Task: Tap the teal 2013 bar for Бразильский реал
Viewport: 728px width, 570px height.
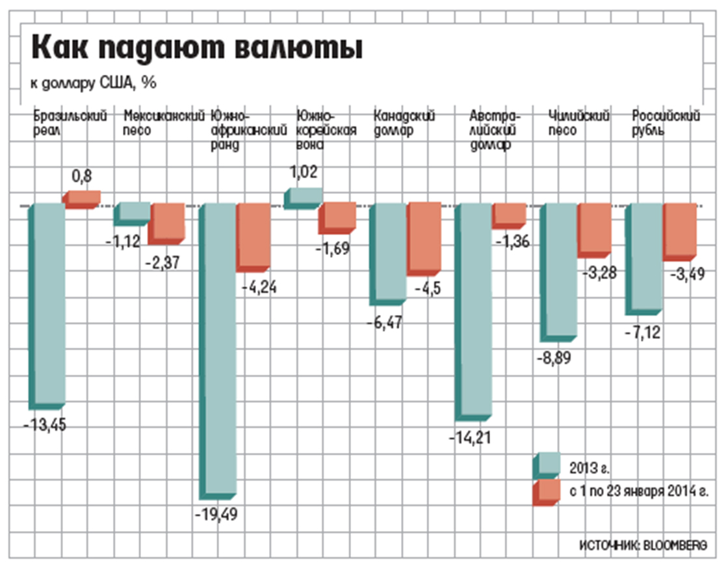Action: (x=49, y=303)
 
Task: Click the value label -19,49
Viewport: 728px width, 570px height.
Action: (x=216, y=515)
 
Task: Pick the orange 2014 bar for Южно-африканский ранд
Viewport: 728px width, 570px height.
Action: (x=253, y=236)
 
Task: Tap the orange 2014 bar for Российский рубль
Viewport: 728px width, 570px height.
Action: (x=681, y=231)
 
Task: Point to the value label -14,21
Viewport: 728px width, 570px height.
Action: (x=471, y=437)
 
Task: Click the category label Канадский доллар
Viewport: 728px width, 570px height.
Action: (x=404, y=123)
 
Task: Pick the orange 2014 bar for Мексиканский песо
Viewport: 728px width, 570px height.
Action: (x=168, y=223)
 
